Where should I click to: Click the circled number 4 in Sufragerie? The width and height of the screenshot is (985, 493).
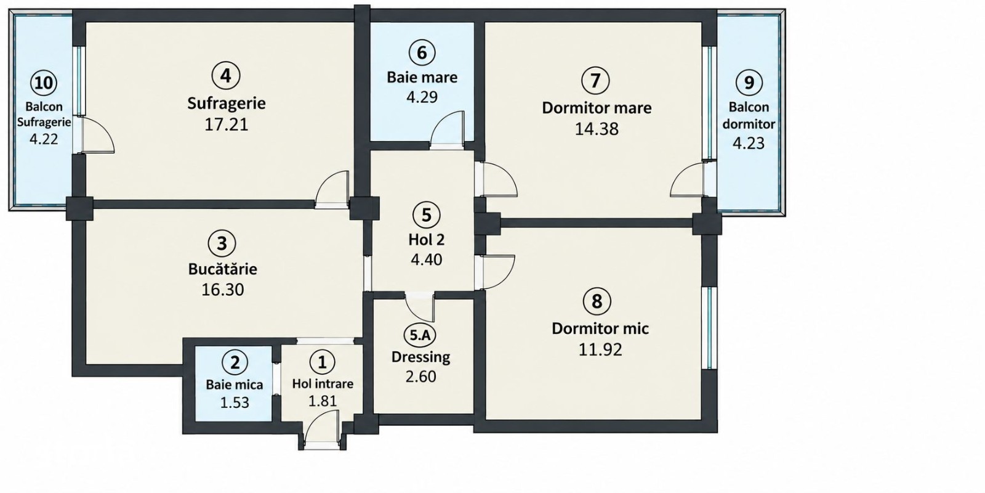(x=225, y=76)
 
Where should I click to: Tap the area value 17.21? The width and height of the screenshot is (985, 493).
(x=227, y=124)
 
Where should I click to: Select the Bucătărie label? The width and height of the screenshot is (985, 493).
(x=222, y=269)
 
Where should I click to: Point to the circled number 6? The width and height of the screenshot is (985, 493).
(x=422, y=52)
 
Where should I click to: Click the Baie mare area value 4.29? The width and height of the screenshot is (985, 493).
(x=422, y=97)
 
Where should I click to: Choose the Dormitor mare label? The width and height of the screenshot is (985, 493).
(x=597, y=108)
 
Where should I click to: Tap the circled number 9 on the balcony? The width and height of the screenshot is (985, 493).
(x=749, y=83)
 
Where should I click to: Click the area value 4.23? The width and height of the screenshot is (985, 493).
(x=749, y=143)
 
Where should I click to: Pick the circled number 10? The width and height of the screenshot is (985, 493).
(x=44, y=83)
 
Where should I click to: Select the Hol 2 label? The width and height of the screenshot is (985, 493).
(x=427, y=240)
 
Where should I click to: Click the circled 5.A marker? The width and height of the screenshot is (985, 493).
(x=419, y=335)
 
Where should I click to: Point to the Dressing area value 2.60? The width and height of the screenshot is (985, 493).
(x=421, y=377)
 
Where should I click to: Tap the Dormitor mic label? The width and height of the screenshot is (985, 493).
(x=600, y=329)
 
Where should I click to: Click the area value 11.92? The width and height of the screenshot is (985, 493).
(x=600, y=350)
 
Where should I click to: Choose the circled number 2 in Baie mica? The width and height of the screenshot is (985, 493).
(x=235, y=363)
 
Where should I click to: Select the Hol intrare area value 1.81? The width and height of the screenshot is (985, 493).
(x=323, y=401)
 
